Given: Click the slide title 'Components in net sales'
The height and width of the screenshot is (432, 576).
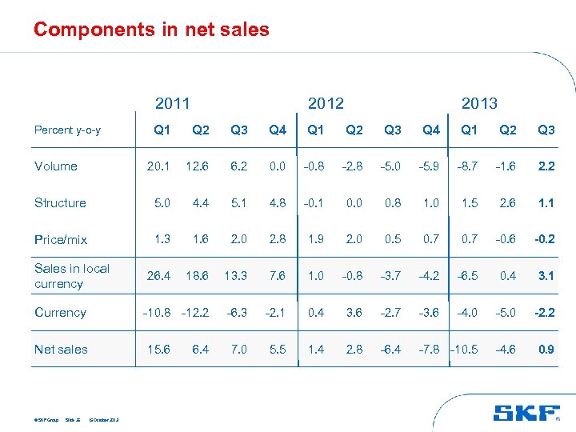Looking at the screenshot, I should [151, 30].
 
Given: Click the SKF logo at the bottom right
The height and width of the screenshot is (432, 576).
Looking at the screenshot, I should [526, 413].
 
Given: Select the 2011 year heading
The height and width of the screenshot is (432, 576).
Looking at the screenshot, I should [172, 103].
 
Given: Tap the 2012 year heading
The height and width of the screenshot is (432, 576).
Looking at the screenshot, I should [326, 103].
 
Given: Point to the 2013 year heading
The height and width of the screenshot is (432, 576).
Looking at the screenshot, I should [479, 103].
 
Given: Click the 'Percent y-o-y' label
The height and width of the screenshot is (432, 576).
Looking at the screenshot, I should [67, 130].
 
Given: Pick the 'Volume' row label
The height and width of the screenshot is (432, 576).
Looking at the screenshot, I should [56, 166].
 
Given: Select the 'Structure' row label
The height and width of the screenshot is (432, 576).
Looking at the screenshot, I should [60, 203].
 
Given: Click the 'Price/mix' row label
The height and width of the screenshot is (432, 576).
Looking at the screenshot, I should [61, 239].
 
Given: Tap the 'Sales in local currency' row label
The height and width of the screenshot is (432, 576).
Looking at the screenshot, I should [71, 276].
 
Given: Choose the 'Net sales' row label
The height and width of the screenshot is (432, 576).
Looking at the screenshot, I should [61, 350].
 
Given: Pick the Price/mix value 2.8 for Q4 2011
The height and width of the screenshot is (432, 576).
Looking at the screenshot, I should [278, 239].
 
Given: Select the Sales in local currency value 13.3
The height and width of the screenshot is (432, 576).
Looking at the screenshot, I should [238, 276].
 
